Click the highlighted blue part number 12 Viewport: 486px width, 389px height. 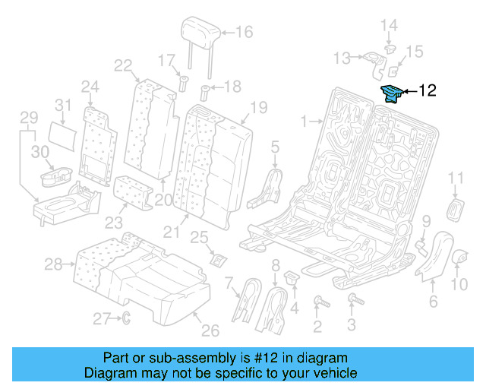point(392,93)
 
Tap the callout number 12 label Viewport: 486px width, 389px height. point(428,91)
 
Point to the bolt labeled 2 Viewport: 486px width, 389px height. point(319,303)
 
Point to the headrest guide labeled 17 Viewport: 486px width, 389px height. point(182,83)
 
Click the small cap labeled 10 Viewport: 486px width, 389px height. point(460,260)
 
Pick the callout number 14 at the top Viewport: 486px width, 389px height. point(389,27)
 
